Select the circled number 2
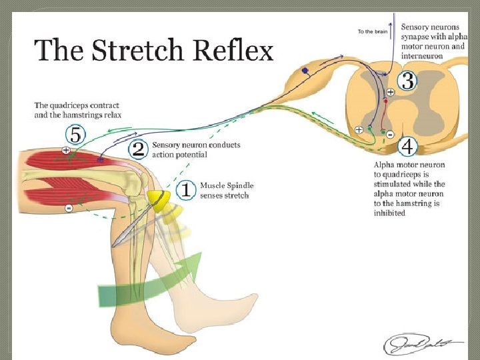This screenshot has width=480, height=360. tap(138, 149)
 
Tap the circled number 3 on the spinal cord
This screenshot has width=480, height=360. tap(407, 83)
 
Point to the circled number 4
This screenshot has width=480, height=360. tap(407, 146)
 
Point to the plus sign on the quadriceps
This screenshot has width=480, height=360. tap(66, 151)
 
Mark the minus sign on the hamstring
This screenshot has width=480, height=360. tap(69, 209)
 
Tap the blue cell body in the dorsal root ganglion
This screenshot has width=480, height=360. tap(305, 71)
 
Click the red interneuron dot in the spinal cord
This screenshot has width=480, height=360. tap(385, 101)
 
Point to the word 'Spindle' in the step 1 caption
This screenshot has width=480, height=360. tap(239, 185)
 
